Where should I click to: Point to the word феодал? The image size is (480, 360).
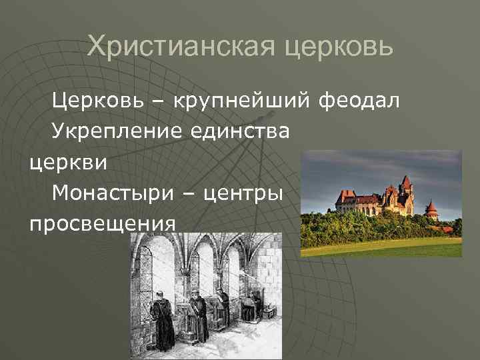(360, 101)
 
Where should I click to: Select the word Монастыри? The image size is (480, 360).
(111, 193)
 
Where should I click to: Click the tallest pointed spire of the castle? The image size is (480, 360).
(405, 181)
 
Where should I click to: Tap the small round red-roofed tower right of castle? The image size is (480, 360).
(431, 209)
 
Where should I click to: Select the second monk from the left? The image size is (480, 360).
(198, 313)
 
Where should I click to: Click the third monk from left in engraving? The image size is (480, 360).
(224, 307)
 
